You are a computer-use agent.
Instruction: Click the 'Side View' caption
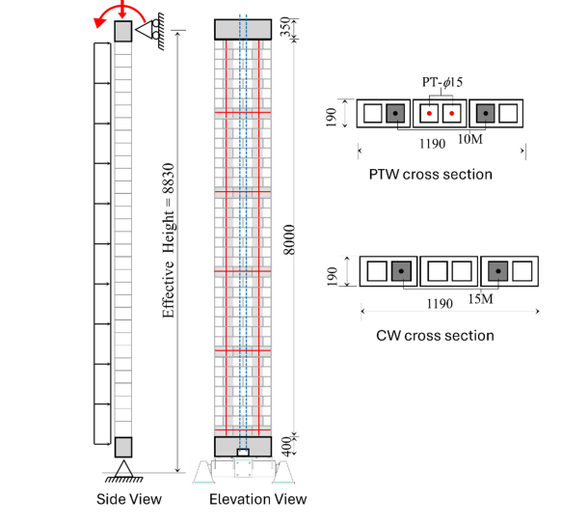pyautogui.click(x=129, y=499)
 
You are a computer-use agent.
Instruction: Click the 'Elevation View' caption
pyautogui.click(x=258, y=499)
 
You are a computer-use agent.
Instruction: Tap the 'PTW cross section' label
pyautogui.click(x=431, y=175)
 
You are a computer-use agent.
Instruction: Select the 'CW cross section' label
pyautogui.click(x=435, y=336)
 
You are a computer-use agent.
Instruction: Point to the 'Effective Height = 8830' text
pyautogui.click(x=168, y=240)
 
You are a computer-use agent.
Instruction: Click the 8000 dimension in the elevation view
pyautogui.click(x=289, y=239)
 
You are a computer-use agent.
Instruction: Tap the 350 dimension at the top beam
pyautogui.click(x=285, y=27)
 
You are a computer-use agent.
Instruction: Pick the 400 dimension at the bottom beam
pyautogui.click(x=286, y=447)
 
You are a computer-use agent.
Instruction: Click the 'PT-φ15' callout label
pyautogui.click(x=442, y=82)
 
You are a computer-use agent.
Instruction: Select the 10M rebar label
pyautogui.click(x=470, y=139)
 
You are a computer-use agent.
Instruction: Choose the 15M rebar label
pyautogui.click(x=481, y=298)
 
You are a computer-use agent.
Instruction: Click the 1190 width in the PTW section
pyautogui.click(x=433, y=144)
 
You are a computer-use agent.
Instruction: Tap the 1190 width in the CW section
pyautogui.click(x=440, y=304)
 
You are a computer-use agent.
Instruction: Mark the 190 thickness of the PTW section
pyautogui.click(x=332, y=117)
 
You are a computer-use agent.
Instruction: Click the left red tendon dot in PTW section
pyautogui.click(x=429, y=113)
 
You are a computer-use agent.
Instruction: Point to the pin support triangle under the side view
pyautogui.click(x=123, y=469)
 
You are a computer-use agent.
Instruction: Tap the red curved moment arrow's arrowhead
pyautogui.click(x=98, y=22)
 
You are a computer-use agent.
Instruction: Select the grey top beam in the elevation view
pyautogui.click(x=243, y=29)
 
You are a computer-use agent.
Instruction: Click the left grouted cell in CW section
pyautogui.click(x=401, y=271)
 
